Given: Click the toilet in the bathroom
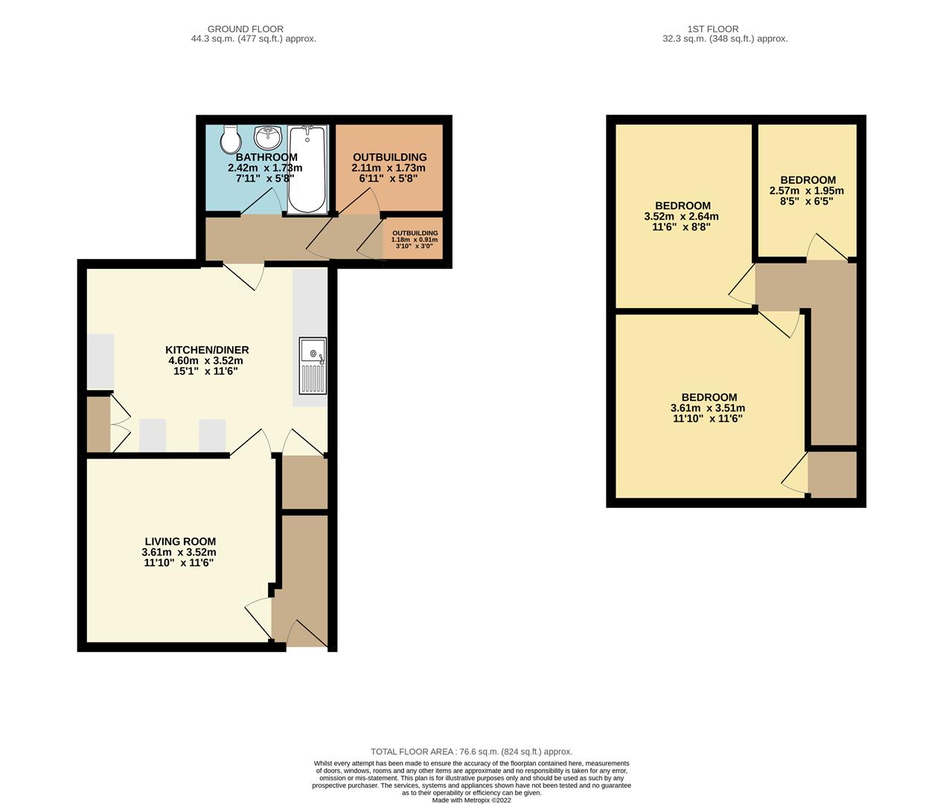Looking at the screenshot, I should click(x=230, y=138).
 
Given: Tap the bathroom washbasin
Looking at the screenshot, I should click(x=267, y=137).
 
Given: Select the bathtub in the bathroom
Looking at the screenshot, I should click(x=306, y=170).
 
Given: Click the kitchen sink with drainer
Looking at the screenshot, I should click(x=313, y=366).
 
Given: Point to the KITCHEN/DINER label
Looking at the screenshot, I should click(x=206, y=350).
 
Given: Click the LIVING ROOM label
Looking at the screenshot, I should click(x=179, y=542).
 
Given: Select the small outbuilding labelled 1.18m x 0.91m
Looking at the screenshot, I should click(x=415, y=239).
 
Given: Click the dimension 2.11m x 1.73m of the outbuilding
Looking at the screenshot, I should click(x=389, y=168).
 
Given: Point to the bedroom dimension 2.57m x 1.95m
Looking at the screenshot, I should click(x=807, y=191).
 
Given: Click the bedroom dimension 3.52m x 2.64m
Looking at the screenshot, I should click(x=681, y=217).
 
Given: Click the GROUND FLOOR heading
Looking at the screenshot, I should click(x=234, y=29).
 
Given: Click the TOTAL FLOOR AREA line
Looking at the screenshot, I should click(x=471, y=752).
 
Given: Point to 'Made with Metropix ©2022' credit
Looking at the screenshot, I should click(x=471, y=800).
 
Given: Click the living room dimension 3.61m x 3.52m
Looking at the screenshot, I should click(x=179, y=552).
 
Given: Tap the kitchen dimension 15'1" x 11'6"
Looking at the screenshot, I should click(x=205, y=371).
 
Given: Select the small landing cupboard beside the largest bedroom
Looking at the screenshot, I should click(x=831, y=473).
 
